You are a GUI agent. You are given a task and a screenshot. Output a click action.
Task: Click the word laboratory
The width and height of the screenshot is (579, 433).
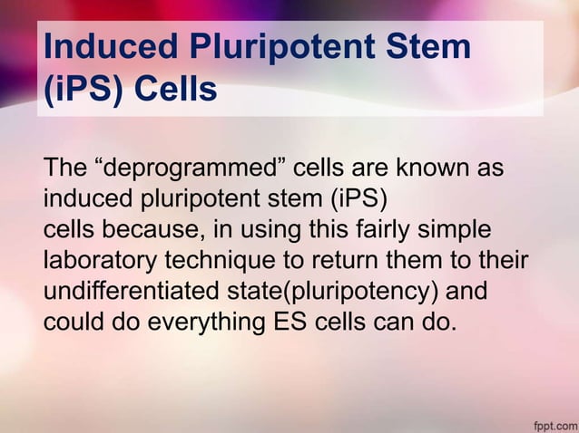pos(100,260)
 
